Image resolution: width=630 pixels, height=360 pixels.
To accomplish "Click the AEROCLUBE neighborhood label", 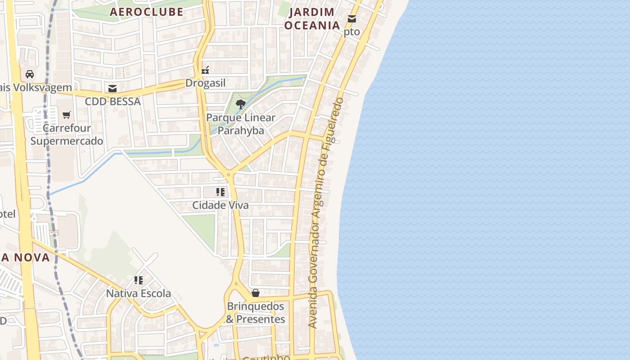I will (x=147, y=12).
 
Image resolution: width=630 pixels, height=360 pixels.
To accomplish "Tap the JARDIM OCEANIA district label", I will (x=312, y=19).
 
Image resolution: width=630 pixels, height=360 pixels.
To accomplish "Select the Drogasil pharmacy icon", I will (x=206, y=70).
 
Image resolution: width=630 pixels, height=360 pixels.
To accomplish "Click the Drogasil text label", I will (x=206, y=83).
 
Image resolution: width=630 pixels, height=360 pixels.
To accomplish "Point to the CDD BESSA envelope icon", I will (x=112, y=89).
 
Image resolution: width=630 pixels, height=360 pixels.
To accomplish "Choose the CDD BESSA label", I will (x=113, y=102).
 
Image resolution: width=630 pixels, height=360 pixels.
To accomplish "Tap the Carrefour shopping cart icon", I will (x=67, y=115).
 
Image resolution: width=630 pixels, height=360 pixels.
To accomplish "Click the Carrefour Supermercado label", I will (x=67, y=135).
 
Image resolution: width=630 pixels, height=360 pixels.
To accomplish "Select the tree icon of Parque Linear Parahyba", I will (x=241, y=104).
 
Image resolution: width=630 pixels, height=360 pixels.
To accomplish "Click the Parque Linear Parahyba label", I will (x=241, y=124).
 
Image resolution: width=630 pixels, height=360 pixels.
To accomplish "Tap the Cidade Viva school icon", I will (x=220, y=192).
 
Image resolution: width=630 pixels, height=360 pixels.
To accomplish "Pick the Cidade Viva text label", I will (x=220, y=205).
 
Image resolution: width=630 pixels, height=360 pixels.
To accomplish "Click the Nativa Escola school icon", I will (x=139, y=280).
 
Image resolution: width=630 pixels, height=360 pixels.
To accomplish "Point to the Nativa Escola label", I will (x=139, y=294).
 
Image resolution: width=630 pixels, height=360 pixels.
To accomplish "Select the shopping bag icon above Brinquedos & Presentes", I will (x=256, y=293).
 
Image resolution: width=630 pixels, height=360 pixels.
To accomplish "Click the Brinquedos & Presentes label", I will (x=256, y=313).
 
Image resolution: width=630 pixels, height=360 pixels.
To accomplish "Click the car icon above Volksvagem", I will (x=30, y=74).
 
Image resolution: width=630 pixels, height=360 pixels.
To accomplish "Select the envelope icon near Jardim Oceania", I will (x=352, y=19).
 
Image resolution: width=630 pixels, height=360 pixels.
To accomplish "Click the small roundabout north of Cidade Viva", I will (x=229, y=174).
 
